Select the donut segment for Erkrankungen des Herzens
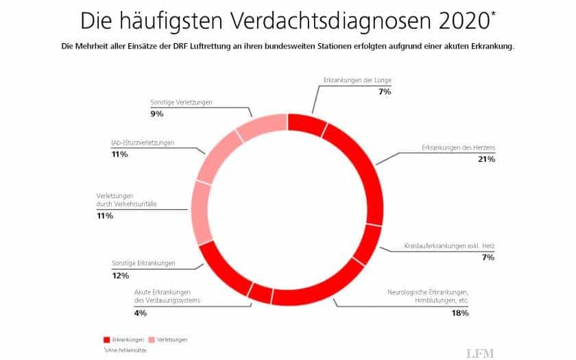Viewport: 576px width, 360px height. (359, 165)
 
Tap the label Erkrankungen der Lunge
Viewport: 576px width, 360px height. (357, 80)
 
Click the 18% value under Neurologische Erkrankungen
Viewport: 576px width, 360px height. (460, 313)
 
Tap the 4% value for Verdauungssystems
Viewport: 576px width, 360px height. (140, 313)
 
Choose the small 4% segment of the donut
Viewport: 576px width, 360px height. (260, 293)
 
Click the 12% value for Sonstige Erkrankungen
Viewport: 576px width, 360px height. (120, 275)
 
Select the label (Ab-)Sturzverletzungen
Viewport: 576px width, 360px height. (143, 143)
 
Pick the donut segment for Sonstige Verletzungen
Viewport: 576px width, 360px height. (261, 127)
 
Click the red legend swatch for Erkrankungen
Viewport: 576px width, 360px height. (106, 339)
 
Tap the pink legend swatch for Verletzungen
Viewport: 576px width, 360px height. (152, 339)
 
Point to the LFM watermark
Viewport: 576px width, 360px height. (481, 352)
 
